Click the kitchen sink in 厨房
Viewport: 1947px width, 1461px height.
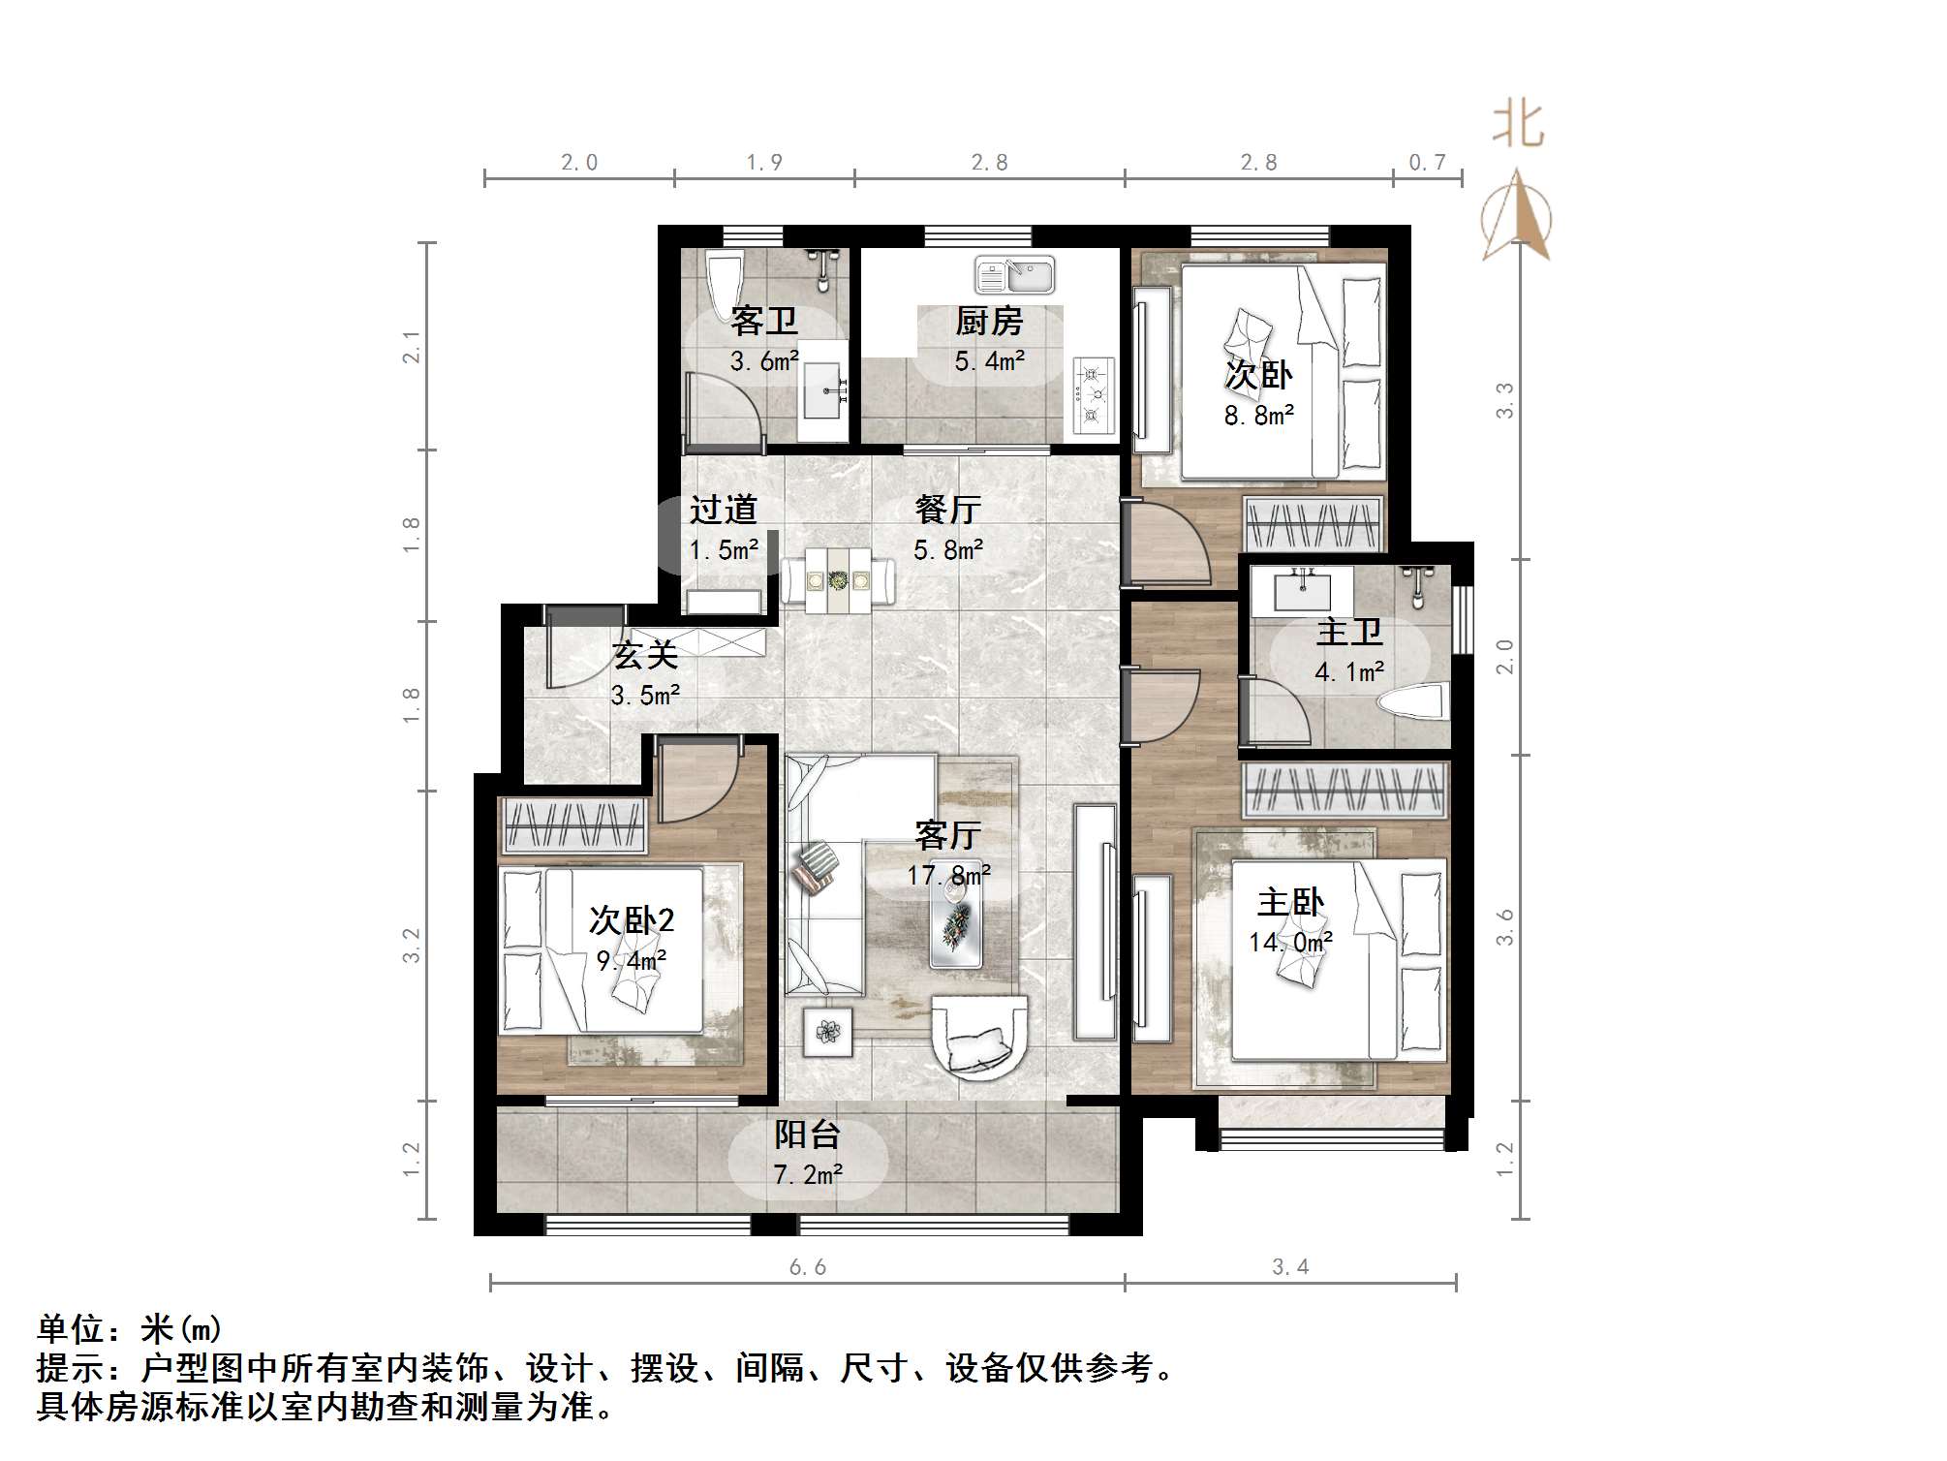coord(1014,275)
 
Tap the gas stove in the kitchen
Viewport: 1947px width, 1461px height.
coord(1094,395)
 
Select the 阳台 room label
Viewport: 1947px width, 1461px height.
coord(807,1135)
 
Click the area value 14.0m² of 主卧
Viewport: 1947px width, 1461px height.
coord(1290,942)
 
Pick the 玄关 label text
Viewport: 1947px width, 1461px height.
coord(645,656)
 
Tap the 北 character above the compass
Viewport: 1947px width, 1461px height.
coord(1517,127)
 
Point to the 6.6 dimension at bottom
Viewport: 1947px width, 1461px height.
coord(807,1267)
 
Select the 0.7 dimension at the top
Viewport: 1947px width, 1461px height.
coord(1427,163)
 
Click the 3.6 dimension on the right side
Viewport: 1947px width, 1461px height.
coord(1504,928)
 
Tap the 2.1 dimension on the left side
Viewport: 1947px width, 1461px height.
coord(413,347)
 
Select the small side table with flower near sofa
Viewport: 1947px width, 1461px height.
coord(828,1032)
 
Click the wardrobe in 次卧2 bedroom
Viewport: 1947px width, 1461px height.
coord(572,825)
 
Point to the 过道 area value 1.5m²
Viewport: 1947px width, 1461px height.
coord(724,550)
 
